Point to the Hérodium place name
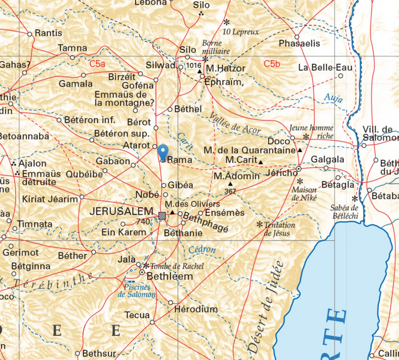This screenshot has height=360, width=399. pyautogui.click(x=196, y=309)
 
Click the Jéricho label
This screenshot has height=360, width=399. pyautogui.click(x=280, y=173)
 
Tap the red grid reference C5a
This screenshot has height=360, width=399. pyautogui.click(x=97, y=63)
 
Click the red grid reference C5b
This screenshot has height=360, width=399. pyautogui.click(x=272, y=63)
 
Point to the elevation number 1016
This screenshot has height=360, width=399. pyautogui.click(x=194, y=65)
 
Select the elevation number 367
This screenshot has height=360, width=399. pyautogui.click(x=230, y=191)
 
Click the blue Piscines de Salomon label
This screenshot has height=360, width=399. pyautogui.click(x=136, y=290)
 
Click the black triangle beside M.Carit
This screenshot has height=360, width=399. pyautogui.click(x=260, y=162)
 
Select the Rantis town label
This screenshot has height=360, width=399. pyautogui.click(x=49, y=33)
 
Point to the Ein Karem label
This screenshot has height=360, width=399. pyautogui.click(x=120, y=232)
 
